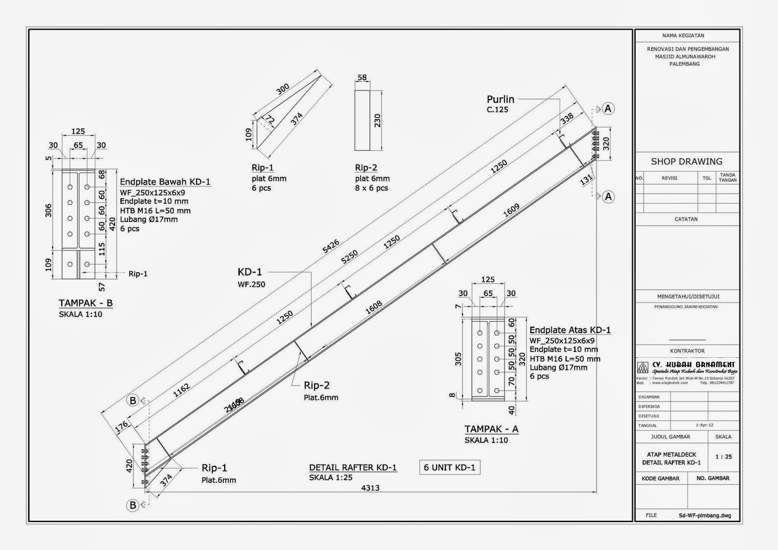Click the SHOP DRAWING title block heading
tap(687, 161)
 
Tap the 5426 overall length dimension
tap(331, 247)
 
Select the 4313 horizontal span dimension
tap(371, 488)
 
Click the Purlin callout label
tap(500, 99)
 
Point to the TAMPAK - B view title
tap(86, 303)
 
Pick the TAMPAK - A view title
tap(491, 429)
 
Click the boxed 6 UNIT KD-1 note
tap(449, 467)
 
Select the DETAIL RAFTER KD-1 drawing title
tap(353, 467)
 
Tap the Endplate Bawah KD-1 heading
tap(165, 182)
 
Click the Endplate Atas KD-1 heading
tap(570, 330)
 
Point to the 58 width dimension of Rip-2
tap(362, 77)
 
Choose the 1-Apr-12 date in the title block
tap(704, 425)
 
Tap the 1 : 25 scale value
tap(723, 457)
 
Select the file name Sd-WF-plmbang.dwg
tap(705, 515)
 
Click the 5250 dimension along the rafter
tap(349, 257)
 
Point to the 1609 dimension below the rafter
tap(511, 211)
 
